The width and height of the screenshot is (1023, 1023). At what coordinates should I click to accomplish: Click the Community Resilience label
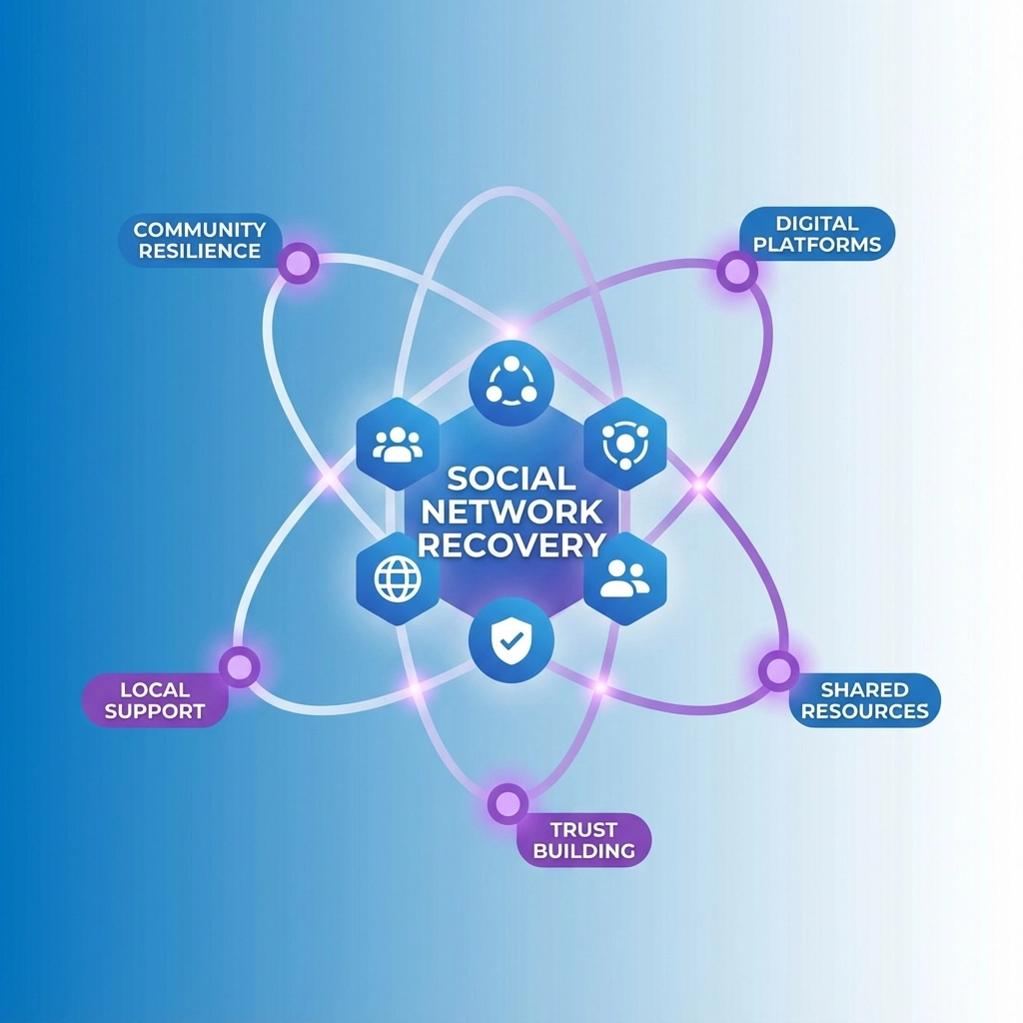(x=200, y=241)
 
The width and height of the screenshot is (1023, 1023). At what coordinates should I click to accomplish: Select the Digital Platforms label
(x=816, y=233)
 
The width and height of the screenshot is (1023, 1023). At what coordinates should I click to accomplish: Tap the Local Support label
(x=155, y=700)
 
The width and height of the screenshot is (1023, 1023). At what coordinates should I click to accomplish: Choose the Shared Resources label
(x=864, y=700)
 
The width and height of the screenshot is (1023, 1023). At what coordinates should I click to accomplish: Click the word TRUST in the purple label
(x=584, y=829)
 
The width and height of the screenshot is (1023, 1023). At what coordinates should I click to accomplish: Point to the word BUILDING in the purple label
(x=584, y=852)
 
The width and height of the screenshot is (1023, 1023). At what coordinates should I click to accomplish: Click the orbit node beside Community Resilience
(x=298, y=264)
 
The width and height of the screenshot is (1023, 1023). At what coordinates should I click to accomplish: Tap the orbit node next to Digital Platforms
(x=736, y=270)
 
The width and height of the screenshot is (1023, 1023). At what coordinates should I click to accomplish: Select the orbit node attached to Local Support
(x=240, y=665)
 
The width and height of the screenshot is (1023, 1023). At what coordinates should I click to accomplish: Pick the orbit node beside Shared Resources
(x=778, y=669)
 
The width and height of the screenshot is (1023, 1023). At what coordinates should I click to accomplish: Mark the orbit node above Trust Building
(x=508, y=802)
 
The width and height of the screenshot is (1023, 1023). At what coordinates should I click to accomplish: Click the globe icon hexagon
(x=398, y=578)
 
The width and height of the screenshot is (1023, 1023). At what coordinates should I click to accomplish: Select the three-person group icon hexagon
(x=398, y=444)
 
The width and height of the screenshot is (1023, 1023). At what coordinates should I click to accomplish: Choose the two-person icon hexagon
(x=625, y=578)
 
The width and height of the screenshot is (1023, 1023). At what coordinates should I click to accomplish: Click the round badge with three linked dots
(x=511, y=384)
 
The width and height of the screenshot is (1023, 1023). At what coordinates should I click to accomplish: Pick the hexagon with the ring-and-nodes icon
(x=625, y=444)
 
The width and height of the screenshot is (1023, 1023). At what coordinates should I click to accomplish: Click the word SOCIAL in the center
(x=511, y=479)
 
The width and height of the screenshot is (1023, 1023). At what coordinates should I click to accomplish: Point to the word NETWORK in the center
(x=511, y=511)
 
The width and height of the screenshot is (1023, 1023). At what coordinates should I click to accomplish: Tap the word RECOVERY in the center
(x=511, y=545)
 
